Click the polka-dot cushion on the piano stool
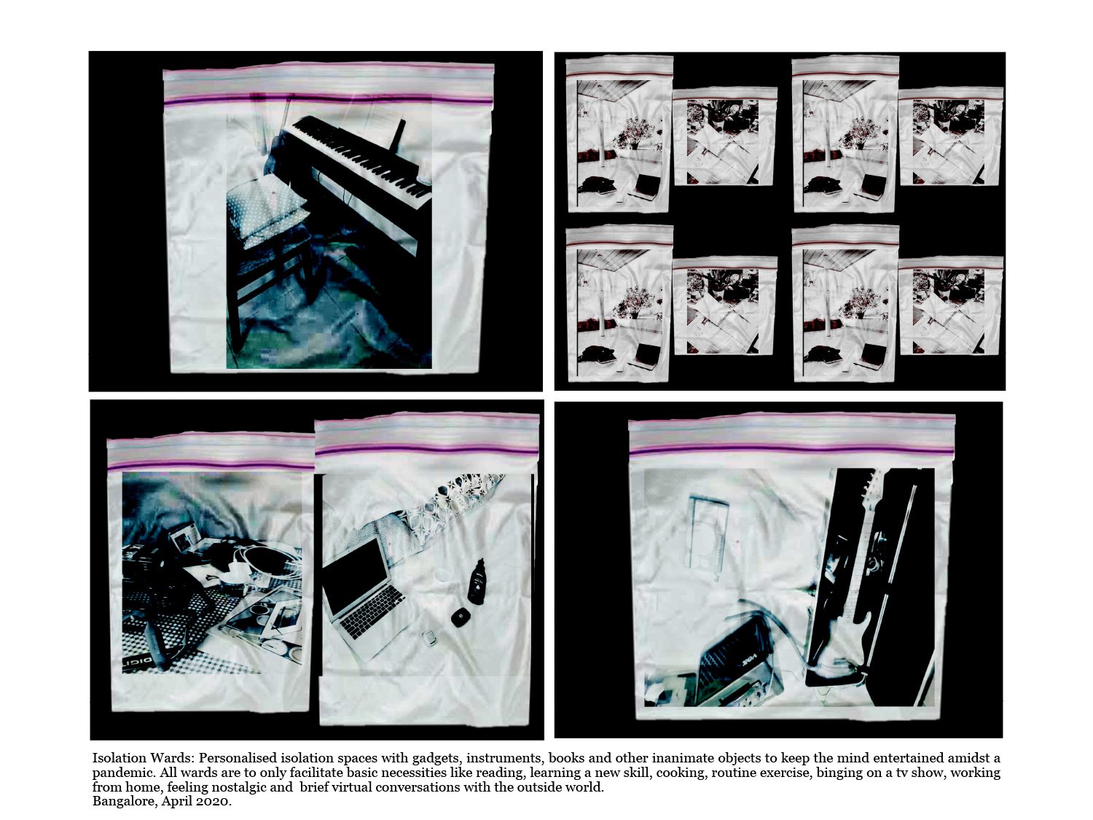coord(267,211)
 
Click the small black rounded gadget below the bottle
coord(458,618)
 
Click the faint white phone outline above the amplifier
coord(708,532)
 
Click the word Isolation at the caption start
coord(119,758)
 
